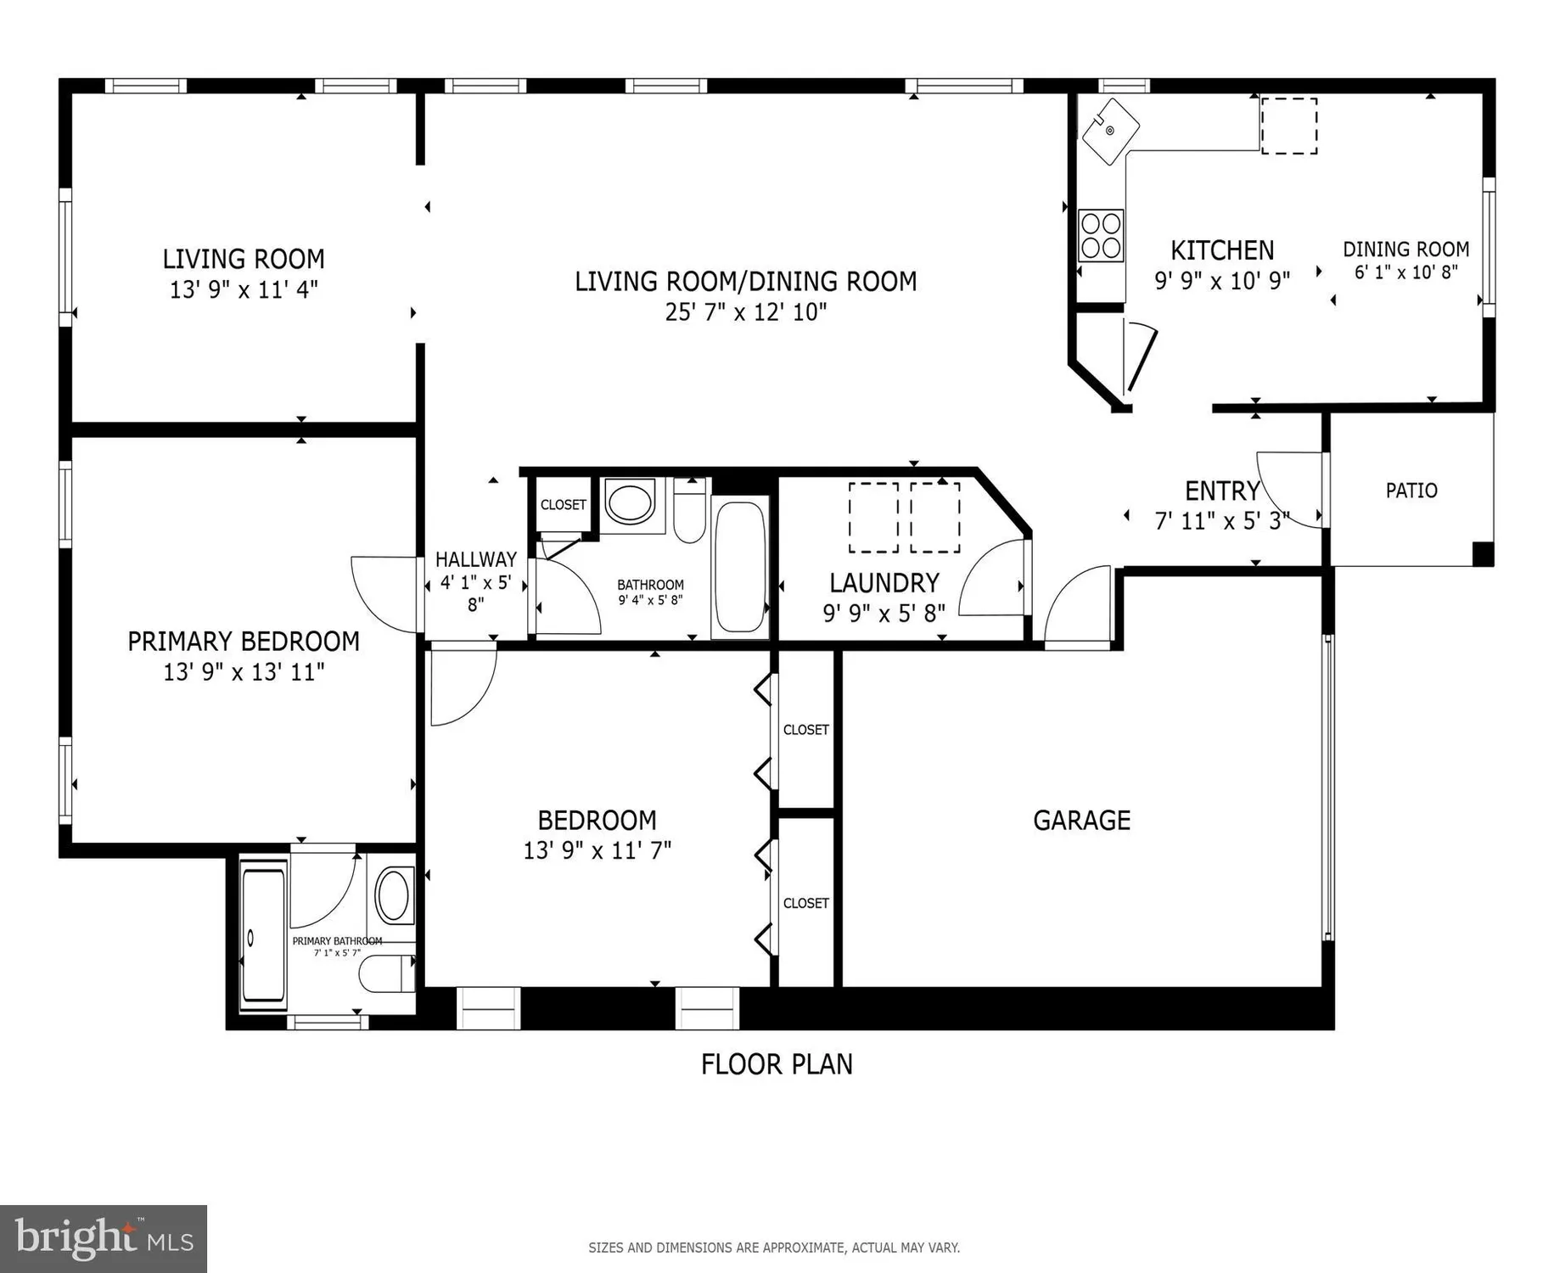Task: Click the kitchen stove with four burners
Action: tap(1101, 235)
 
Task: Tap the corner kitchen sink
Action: tap(1109, 131)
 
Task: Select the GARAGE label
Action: tap(1081, 820)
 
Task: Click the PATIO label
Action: tap(1411, 491)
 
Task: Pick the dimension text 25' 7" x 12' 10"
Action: tap(745, 312)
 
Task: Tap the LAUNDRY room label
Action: tap(884, 583)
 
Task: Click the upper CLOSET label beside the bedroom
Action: tap(805, 730)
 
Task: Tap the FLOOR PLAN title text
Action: tap(776, 1064)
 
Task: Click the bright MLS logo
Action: tap(103, 1239)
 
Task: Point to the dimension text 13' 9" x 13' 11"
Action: tap(244, 672)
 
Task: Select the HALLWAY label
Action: tap(475, 559)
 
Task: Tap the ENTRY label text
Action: tap(1222, 491)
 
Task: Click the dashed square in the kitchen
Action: tap(1288, 126)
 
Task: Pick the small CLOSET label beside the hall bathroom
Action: tap(563, 505)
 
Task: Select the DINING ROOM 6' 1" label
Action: tap(1405, 250)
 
